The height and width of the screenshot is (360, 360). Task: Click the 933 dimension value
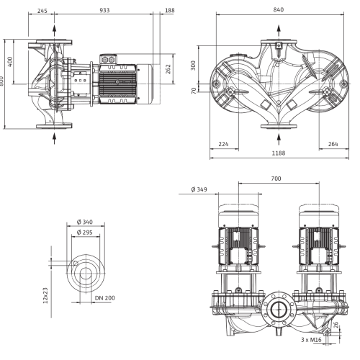coord(104,10)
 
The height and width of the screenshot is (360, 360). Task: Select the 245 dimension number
coord(42,11)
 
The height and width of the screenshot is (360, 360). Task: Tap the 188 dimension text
coord(170,10)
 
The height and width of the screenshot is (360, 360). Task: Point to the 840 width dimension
coord(279,9)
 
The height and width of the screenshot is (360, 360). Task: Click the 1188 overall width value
coord(279,153)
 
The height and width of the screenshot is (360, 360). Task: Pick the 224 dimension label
coord(223,144)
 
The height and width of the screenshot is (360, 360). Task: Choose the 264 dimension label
coord(333,144)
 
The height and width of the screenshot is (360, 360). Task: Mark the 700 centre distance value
coord(276,179)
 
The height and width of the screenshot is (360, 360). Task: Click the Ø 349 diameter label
coord(199,189)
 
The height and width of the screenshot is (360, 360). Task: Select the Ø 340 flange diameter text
coord(85,222)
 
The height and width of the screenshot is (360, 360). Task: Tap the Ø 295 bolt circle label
coord(85,233)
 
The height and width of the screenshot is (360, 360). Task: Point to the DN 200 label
coord(105,298)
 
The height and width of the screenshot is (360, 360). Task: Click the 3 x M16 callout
coord(311,340)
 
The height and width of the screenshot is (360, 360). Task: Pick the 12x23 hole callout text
coord(45,295)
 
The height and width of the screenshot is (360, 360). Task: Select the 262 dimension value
coord(168,69)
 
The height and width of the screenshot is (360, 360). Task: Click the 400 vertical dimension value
coord(10,62)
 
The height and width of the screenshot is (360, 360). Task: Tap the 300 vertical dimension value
coord(193,66)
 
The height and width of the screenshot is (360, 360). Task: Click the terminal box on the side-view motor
coord(108,59)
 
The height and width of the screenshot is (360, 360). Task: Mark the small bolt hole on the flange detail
coord(76,264)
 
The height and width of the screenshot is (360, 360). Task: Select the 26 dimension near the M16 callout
coord(336,325)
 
